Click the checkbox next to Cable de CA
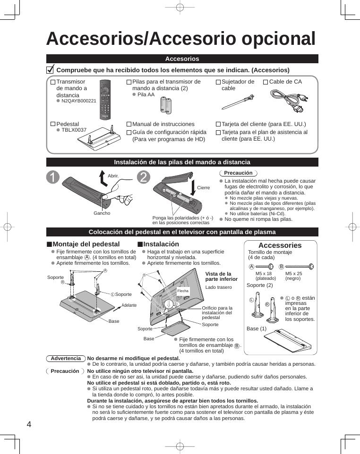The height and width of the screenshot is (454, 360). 266,82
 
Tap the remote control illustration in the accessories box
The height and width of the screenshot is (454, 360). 105,100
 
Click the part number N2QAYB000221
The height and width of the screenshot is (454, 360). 78,101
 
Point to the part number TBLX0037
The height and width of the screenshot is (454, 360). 74,130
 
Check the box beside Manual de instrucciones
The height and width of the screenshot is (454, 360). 129,125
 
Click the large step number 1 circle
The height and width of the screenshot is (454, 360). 53,177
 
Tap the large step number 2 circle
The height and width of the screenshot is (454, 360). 144,177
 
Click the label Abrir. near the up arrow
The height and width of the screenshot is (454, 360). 113,176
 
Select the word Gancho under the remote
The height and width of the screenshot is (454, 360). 102,213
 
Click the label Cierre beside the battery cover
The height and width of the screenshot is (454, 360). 203,188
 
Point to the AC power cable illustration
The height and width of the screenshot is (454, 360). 289,101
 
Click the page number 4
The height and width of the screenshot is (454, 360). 29,424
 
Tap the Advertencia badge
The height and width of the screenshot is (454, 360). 66,359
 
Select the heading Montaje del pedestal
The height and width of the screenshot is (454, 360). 86,244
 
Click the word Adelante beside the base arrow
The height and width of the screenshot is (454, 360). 129,305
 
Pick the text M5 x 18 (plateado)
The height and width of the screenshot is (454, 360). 264,276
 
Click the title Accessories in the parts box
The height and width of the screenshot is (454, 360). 280,245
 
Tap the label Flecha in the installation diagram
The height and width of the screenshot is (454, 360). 183,291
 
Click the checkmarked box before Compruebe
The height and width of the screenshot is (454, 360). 50,70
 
